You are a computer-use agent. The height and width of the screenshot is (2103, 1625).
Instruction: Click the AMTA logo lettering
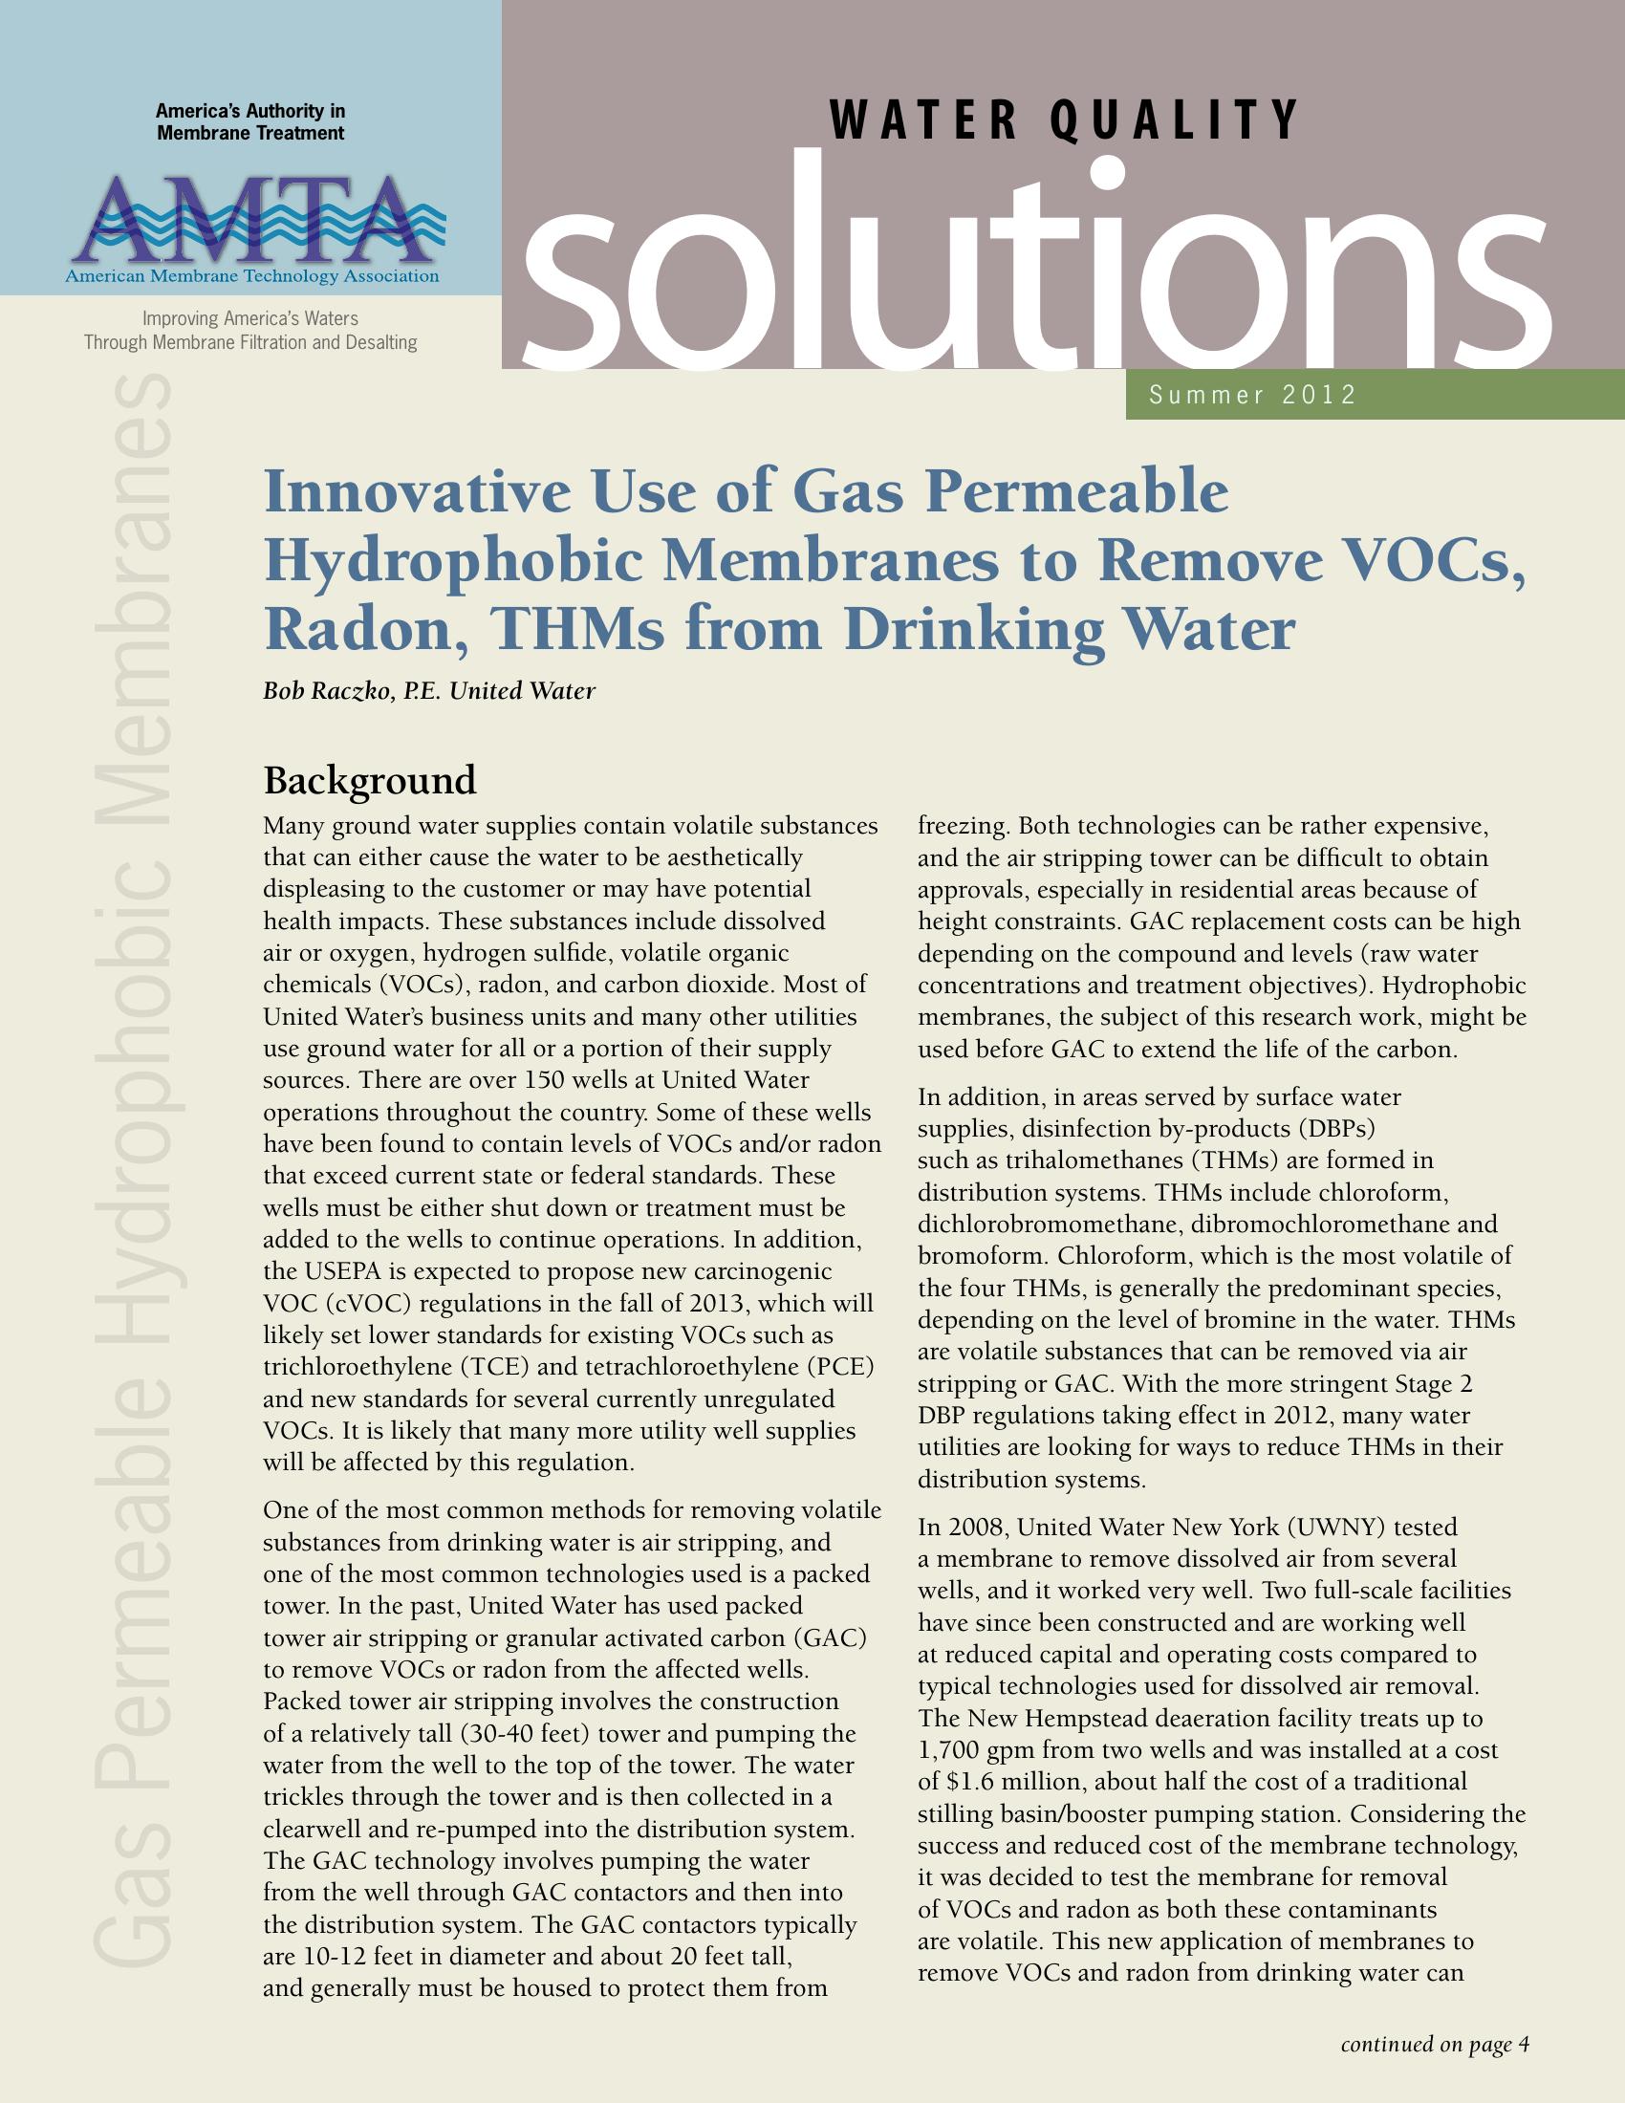point(251,221)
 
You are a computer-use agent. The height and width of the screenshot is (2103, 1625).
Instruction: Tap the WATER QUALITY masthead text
point(1064,120)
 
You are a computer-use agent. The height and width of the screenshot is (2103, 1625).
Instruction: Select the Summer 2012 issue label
point(1252,395)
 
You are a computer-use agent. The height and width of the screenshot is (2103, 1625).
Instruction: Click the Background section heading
point(370,779)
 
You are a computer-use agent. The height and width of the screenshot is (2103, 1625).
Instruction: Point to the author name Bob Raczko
point(327,690)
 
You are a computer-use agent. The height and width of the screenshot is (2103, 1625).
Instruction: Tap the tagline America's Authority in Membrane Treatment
point(250,122)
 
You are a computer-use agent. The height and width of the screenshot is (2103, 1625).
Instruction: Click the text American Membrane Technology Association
point(251,277)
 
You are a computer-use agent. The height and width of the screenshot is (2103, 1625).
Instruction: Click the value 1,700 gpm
point(976,1749)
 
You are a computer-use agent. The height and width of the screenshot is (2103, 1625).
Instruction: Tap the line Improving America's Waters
point(250,317)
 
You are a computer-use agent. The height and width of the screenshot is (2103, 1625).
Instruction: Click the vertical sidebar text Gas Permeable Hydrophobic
point(135,1348)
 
